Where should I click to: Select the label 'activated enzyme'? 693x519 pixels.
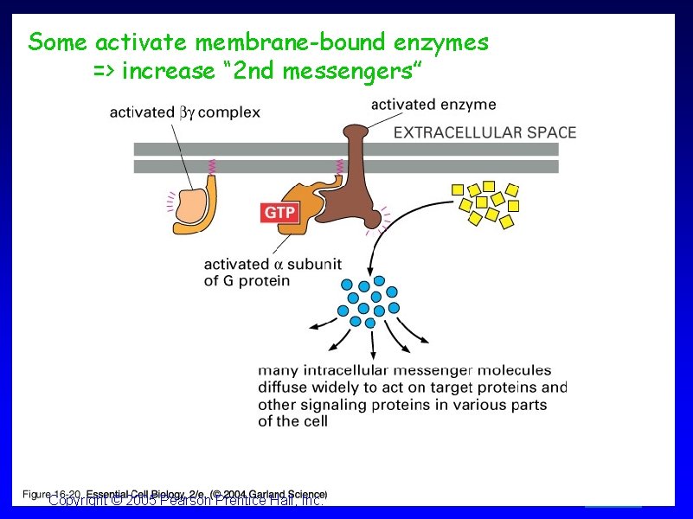(433, 105)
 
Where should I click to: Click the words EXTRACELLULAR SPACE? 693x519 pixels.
(484, 132)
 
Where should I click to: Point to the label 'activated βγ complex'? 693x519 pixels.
(184, 112)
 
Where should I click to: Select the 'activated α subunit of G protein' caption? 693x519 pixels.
(272, 272)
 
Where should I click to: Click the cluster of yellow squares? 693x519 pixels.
(488, 204)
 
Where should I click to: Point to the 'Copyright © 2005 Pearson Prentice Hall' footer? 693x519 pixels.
(186, 501)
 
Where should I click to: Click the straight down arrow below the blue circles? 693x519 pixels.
(372, 344)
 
